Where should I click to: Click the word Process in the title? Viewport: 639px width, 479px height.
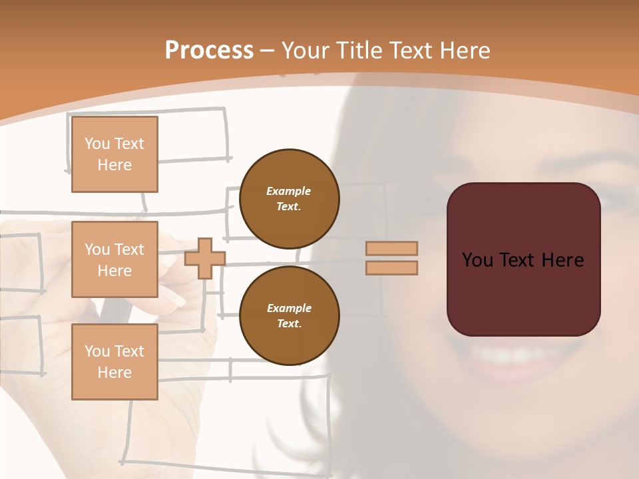click(x=209, y=51)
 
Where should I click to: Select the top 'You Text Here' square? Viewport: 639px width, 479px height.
click(x=114, y=154)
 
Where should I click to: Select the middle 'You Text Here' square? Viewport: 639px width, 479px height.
click(x=114, y=259)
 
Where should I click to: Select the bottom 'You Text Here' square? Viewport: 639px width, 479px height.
click(x=114, y=362)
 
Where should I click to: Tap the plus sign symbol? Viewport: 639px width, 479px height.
click(x=205, y=258)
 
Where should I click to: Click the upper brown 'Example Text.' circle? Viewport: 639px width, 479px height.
click(x=289, y=198)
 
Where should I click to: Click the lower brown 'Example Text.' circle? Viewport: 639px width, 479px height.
click(x=289, y=315)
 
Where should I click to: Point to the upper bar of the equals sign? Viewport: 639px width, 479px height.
click(x=392, y=248)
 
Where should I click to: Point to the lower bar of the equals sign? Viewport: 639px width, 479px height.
click(x=392, y=267)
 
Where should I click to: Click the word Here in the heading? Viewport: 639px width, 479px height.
click(x=460, y=51)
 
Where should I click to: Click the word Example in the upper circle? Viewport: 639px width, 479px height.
click(x=288, y=191)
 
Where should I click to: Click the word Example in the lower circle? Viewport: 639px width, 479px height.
click(x=289, y=308)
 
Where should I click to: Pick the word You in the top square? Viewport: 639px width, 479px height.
click(x=97, y=144)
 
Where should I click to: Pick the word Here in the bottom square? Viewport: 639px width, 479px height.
click(x=114, y=373)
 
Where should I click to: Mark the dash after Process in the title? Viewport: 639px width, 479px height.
click(x=268, y=51)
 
